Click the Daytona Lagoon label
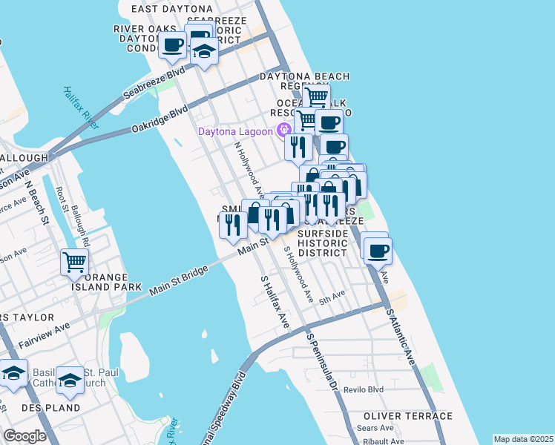point(234,132)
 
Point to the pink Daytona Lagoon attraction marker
point(283,132)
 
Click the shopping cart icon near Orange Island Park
point(74,261)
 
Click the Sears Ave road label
point(377,428)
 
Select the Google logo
point(25,436)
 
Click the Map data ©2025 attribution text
point(523,439)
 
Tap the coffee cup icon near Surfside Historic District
point(378,249)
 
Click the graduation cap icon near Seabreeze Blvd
point(204,52)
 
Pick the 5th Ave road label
point(332,295)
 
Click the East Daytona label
point(166,9)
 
